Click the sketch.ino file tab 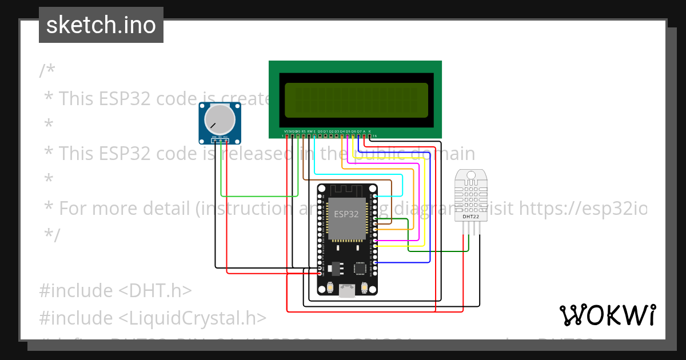(x=101, y=25)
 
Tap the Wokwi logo (x=607, y=315)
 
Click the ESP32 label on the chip (x=346, y=214)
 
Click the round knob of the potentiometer (x=220, y=119)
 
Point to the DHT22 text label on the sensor (x=470, y=217)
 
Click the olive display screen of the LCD (x=356, y=100)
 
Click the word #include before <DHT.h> (x=76, y=291)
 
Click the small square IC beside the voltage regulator (x=360, y=267)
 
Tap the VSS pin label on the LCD (x=286, y=131)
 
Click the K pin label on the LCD (x=369, y=131)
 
